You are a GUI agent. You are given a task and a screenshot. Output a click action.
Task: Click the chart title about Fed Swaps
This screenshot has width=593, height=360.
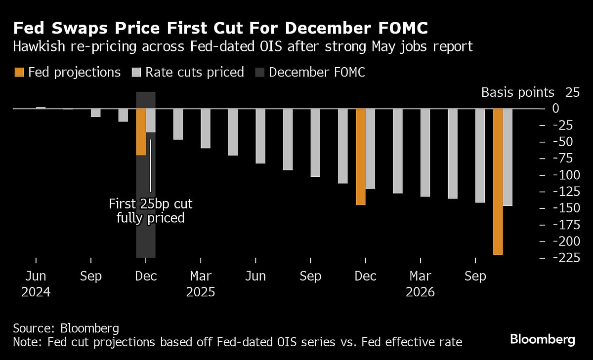click(220, 28)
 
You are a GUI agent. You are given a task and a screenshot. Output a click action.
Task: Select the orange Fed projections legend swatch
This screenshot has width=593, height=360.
click(19, 73)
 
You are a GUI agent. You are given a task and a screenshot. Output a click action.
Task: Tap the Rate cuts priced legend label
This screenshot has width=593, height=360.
click(195, 73)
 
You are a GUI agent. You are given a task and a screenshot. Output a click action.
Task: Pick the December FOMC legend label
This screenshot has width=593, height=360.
click(317, 73)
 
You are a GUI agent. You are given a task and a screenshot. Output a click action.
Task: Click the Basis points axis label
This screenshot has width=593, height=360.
click(518, 92)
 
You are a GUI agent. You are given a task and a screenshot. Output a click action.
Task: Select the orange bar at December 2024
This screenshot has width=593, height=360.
click(141, 132)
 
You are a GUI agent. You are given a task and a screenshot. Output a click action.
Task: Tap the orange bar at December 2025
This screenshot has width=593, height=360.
click(361, 157)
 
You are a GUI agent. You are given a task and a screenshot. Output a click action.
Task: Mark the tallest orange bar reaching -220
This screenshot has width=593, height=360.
click(498, 181)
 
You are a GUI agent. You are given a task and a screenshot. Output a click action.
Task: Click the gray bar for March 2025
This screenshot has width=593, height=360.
click(206, 128)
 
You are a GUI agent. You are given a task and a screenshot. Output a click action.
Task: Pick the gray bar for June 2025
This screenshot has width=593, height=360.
click(260, 136)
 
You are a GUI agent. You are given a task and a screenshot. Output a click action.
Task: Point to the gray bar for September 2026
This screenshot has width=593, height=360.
click(480, 156)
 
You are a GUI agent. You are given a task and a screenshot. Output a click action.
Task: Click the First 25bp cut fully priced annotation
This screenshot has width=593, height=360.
click(151, 211)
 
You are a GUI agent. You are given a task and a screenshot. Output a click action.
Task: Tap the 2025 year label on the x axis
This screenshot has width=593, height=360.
click(200, 292)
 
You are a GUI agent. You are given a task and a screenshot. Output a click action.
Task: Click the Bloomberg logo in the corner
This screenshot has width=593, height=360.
click(542, 340)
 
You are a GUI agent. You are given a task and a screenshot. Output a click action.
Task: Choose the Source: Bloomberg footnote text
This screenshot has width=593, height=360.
click(66, 328)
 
